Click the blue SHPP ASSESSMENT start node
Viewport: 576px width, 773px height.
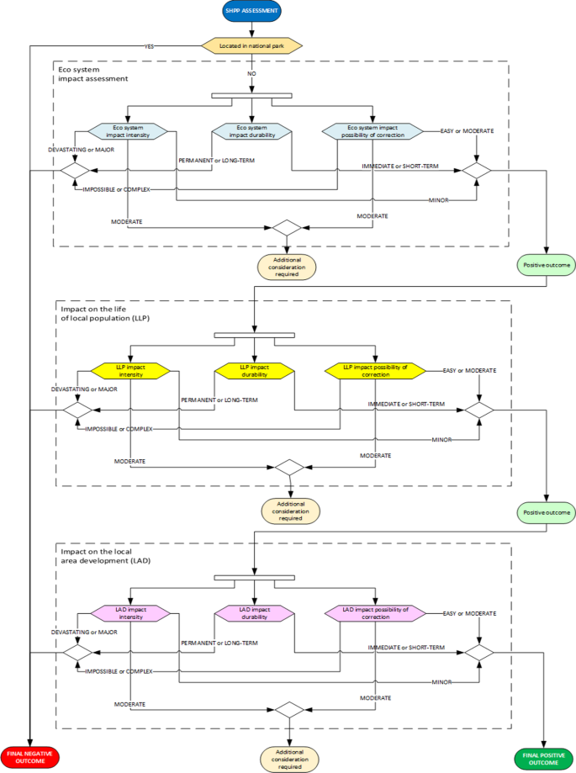tap(251, 11)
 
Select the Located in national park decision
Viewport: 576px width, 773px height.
tap(251, 45)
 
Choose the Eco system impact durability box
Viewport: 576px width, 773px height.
tap(251, 131)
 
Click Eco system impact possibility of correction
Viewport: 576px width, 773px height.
tap(375, 131)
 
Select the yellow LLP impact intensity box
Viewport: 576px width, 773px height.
tap(130, 371)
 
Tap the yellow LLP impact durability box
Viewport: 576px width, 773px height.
tap(255, 371)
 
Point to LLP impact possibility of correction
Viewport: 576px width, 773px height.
tap(376, 371)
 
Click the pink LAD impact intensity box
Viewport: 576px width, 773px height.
tap(130, 613)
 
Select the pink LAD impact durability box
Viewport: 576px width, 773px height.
tap(255, 613)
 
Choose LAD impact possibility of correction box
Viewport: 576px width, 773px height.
tap(376, 613)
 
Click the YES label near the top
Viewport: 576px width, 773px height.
tap(149, 45)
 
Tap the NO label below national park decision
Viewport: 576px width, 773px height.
tap(251, 73)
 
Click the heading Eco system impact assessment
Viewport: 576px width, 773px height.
tap(92, 73)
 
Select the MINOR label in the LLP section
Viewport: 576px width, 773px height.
tap(442, 440)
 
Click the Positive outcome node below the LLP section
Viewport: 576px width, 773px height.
tap(547, 512)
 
